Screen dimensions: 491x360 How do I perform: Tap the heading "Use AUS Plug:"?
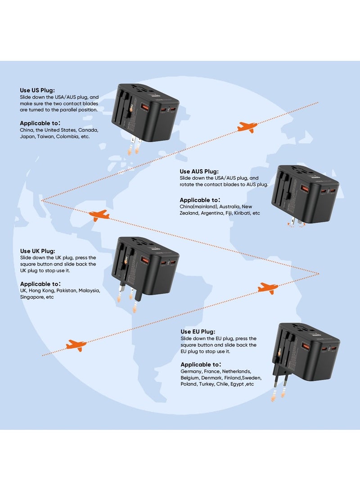pos(199,171)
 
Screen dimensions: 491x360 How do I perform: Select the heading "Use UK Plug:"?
pos(38,251)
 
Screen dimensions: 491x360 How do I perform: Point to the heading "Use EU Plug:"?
pos(198,331)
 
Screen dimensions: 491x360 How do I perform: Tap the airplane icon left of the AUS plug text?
pos(99,215)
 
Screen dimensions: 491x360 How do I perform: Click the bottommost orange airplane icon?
pos(76,346)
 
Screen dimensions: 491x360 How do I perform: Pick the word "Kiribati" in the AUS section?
pos(241,213)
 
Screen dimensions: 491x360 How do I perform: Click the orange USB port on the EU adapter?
pos(306,347)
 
